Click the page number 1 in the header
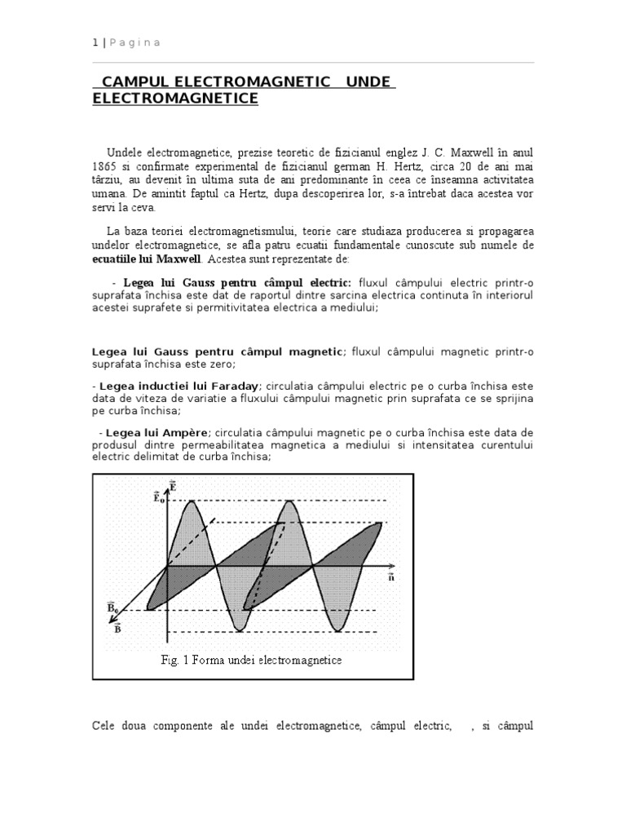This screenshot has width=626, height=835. point(95,42)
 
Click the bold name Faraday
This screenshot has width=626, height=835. point(232,385)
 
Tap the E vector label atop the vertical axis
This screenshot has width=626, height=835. point(172,487)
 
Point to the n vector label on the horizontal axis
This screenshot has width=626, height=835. point(391,577)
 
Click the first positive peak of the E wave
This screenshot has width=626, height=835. point(192,501)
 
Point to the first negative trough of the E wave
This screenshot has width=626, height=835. point(239,629)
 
